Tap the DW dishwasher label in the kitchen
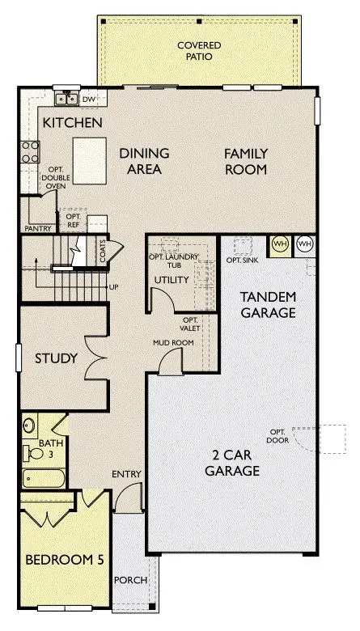point(90,100)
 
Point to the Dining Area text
point(144,162)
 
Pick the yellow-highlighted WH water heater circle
point(279,244)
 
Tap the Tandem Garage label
point(269,305)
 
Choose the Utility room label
point(171,281)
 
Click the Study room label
point(56,358)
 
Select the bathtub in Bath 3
point(37,479)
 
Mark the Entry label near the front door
point(127,474)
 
